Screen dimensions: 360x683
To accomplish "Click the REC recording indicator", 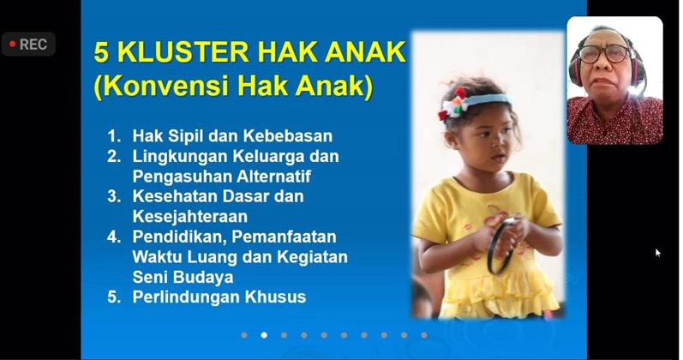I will point(28,45).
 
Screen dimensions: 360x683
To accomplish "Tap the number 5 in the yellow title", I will point(102,52).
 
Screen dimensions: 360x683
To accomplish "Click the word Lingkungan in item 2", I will point(176,156).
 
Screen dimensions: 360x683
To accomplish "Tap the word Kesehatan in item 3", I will point(171,196).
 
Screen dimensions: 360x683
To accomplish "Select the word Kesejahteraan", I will point(189,216).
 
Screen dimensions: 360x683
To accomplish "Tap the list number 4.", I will point(114,237).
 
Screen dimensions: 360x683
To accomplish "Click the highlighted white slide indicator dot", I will point(264,335).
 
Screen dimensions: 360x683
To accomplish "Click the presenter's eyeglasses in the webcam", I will point(604,54).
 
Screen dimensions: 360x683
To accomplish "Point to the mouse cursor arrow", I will point(658,253).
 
